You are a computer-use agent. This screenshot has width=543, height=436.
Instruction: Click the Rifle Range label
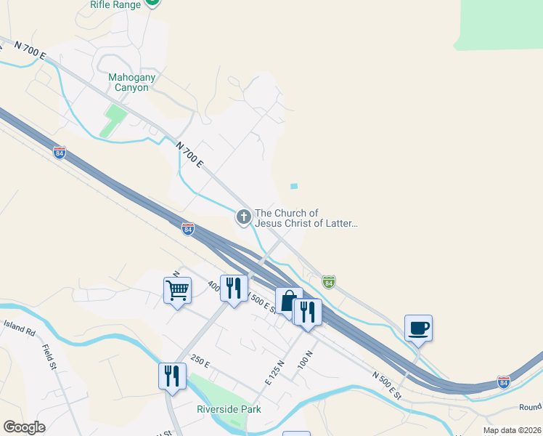click(x=115, y=4)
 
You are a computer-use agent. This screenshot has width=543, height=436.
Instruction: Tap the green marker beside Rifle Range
click(x=152, y=2)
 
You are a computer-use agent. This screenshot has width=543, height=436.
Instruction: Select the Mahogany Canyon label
click(x=132, y=82)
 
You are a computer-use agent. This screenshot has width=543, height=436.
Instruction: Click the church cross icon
click(x=243, y=216)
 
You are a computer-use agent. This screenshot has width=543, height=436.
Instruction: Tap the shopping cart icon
click(x=177, y=291)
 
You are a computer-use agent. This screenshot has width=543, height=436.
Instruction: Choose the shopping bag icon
click(x=288, y=301)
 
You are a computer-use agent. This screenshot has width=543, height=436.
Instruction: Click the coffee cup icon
click(x=418, y=328)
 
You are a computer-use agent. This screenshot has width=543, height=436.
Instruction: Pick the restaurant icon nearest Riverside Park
click(x=172, y=376)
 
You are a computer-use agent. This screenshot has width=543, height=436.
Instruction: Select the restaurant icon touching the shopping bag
click(x=308, y=312)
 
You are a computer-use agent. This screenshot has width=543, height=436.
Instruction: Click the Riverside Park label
click(x=229, y=409)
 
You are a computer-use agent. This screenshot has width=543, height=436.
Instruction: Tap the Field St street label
click(x=49, y=357)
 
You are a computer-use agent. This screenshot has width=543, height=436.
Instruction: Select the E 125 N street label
click(x=273, y=371)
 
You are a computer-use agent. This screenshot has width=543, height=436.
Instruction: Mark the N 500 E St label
click(x=387, y=384)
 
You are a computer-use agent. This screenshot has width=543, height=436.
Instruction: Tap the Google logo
click(x=24, y=427)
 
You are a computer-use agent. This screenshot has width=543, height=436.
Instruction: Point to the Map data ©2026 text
click(x=511, y=430)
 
